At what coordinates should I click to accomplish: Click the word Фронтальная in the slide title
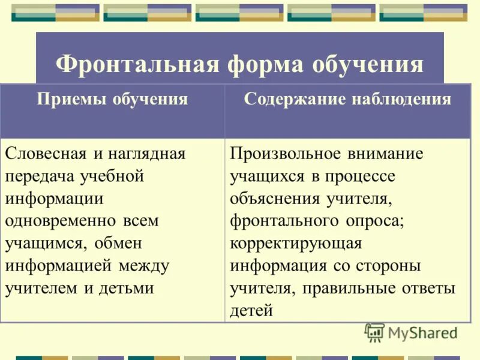click(x=136, y=64)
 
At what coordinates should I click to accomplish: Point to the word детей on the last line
click(x=251, y=310)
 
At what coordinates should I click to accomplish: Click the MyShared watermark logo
click(x=411, y=332)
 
